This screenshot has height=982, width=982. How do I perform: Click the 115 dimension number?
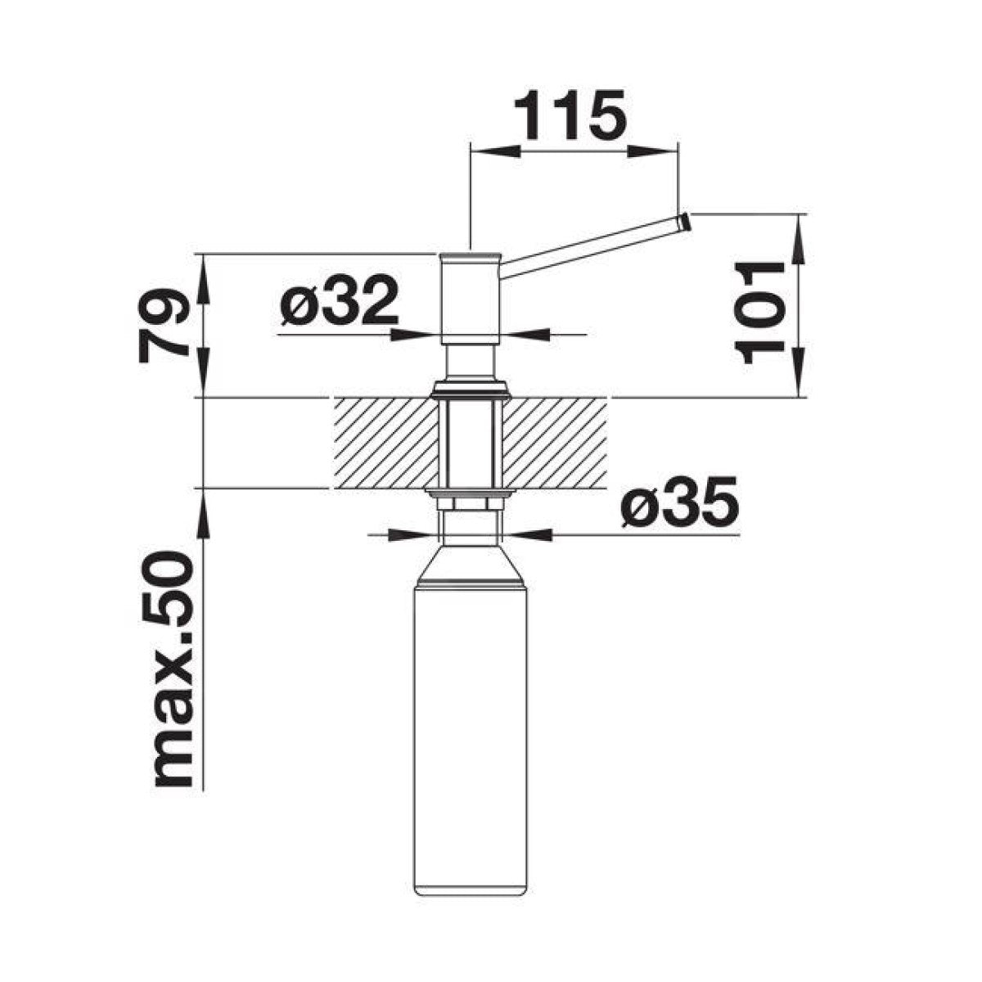click(x=570, y=115)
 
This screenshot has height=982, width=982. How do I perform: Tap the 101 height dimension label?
click(x=759, y=312)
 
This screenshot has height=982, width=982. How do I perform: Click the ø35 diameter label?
click(x=680, y=502)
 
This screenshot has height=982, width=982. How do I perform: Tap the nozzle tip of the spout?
click(x=684, y=223)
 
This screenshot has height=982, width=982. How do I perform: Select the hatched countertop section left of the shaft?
click(x=386, y=444)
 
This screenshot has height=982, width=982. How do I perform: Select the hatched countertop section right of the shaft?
click(x=556, y=444)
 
